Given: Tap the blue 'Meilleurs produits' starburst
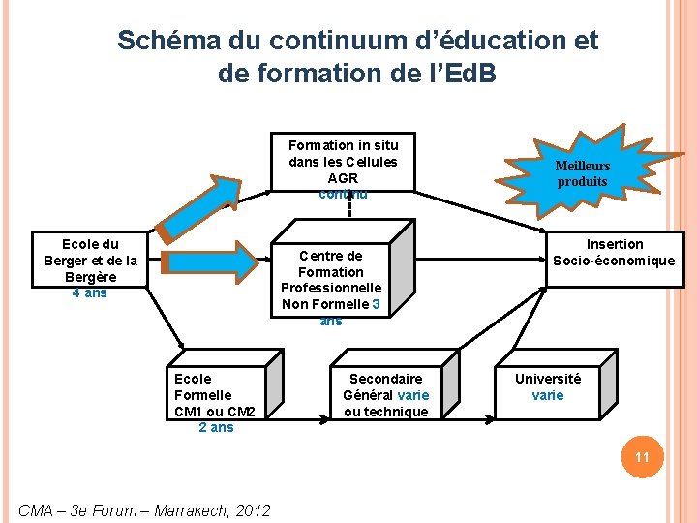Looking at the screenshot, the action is (x=583, y=173).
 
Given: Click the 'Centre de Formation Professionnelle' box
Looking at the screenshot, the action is (x=331, y=280).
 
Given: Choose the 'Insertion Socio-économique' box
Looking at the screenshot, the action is (x=614, y=253).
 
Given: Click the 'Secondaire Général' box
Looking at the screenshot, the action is (x=385, y=394).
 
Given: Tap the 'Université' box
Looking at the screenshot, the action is (x=548, y=386).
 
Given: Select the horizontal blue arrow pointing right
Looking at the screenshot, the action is (x=213, y=260).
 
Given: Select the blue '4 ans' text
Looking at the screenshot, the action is (x=90, y=293).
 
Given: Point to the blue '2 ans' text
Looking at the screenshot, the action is (x=216, y=428).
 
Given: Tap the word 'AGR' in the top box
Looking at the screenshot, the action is (x=343, y=178).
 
